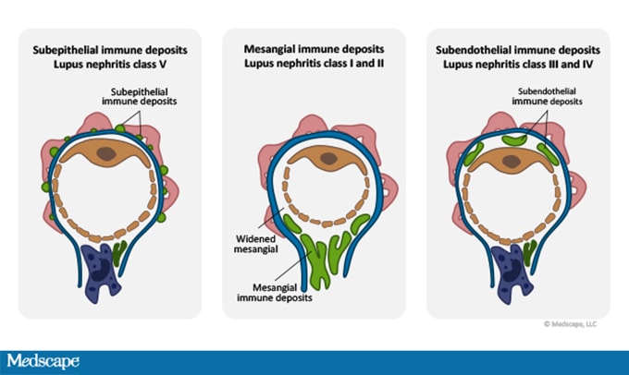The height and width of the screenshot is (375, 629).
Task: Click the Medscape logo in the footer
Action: pos(43,361)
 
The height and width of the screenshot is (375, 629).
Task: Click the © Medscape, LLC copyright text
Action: pos(571,324)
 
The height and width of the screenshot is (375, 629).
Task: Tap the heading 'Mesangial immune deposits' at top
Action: pos(314,47)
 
